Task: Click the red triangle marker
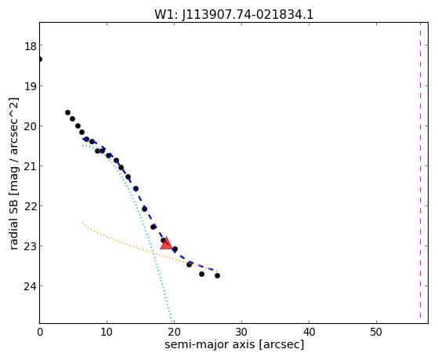coord(166,243)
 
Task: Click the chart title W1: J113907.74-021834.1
coord(233,15)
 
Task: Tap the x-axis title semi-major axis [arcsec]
coord(234,344)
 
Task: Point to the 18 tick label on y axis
coord(30,46)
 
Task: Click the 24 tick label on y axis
coord(30,286)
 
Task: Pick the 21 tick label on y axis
coord(30,166)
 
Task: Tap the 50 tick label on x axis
coord(376,332)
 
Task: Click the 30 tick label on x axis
coord(241,332)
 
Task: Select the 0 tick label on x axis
coord(40,332)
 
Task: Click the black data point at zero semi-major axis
coord(40,60)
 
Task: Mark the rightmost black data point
coord(217,276)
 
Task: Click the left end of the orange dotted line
coord(82,224)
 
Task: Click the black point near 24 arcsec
coord(201,275)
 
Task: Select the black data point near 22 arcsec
coord(189,264)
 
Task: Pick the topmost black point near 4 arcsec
coord(67,112)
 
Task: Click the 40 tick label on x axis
coord(309,332)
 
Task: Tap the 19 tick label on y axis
coord(30,86)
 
